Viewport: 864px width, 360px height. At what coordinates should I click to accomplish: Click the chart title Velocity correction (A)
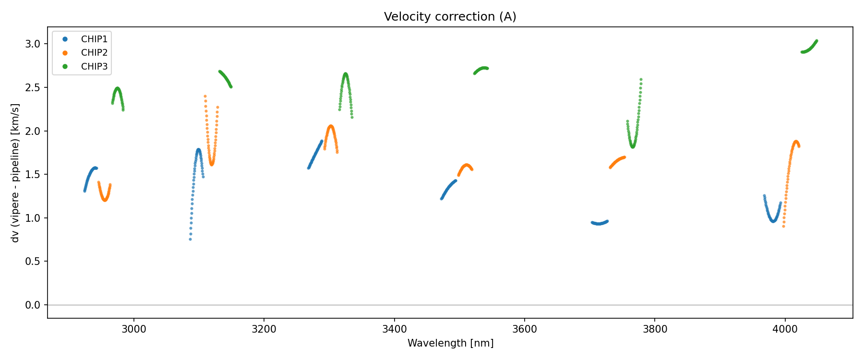click(450, 17)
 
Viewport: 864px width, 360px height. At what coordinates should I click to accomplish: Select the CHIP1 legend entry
click(94, 39)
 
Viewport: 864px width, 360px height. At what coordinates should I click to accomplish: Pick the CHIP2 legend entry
click(94, 53)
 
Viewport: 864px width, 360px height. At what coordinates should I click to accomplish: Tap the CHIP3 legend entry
click(94, 67)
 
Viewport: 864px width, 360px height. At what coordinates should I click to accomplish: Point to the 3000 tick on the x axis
click(133, 329)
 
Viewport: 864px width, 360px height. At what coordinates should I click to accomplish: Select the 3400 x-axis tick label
click(394, 329)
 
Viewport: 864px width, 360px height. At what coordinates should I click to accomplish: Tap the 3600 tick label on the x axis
click(525, 329)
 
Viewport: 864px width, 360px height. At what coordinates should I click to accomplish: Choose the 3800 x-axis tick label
click(655, 329)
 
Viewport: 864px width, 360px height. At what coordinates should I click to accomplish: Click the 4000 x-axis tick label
click(785, 329)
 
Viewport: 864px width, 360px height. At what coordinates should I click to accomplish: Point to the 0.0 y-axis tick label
click(33, 305)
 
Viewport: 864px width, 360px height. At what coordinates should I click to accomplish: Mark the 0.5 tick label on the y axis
click(33, 262)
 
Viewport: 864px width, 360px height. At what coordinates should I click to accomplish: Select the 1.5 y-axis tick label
click(33, 175)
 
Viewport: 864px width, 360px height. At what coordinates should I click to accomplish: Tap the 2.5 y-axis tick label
click(33, 88)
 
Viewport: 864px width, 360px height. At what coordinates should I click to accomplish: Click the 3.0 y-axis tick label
click(33, 44)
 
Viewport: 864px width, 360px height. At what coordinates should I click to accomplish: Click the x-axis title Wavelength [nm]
click(450, 343)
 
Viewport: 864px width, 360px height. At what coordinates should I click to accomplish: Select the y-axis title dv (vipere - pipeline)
click(15, 173)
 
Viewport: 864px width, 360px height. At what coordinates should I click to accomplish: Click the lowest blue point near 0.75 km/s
click(190, 239)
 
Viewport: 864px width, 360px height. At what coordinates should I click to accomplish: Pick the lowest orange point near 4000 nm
click(783, 226)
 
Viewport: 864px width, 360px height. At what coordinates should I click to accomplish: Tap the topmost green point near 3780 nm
click(641, 80)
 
